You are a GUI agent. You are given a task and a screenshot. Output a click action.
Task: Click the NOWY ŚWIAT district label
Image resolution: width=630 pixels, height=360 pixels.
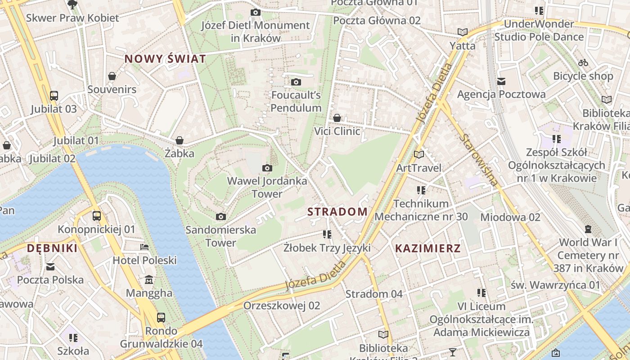coord(165,59)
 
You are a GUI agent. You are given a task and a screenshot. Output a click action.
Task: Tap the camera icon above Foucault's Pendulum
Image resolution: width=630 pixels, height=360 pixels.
coord(296,82)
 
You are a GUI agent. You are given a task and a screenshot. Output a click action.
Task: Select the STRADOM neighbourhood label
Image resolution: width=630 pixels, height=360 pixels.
coord(337,211)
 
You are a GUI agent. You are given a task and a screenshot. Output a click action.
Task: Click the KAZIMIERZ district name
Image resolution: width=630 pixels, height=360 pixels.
coord(428,248)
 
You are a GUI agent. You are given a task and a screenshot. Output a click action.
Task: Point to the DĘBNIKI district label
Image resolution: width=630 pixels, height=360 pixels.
coord(52,248)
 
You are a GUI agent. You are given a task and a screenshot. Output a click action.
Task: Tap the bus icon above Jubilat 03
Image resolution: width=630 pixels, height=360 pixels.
coord(54,95)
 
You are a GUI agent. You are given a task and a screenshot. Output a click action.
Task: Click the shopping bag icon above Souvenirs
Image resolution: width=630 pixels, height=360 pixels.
coord(112,76)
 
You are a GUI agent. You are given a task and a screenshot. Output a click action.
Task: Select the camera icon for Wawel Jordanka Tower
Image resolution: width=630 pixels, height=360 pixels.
coord(267,168)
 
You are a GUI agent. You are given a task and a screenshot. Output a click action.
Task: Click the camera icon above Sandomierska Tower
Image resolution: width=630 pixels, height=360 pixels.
coord(220,217)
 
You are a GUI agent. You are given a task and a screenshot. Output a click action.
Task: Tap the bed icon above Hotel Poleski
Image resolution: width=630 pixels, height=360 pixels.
coord(144,247)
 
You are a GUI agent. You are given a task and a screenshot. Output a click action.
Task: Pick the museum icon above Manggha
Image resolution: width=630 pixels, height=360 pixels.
coord(149,280)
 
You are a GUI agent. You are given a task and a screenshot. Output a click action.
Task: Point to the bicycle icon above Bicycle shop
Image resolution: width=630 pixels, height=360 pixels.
coord(583,63)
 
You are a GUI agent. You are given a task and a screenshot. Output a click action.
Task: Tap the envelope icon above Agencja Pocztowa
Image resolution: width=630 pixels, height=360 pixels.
coord(501,81)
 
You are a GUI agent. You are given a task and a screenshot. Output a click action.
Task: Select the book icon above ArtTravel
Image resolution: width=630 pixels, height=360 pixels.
coord(419,154)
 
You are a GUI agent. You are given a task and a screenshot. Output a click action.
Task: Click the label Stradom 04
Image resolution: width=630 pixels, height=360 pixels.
coord(374,294)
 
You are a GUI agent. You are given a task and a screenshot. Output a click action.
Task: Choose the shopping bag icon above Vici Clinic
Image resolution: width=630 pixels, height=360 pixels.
coord(337,118)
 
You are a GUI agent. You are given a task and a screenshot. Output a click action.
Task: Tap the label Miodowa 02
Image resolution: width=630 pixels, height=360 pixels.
coord(510,217)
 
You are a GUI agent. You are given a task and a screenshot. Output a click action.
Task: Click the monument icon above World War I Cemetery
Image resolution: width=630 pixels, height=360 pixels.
coord(588,229)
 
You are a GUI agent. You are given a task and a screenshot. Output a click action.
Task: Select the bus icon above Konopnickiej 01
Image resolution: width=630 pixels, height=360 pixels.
coord(96,216)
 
